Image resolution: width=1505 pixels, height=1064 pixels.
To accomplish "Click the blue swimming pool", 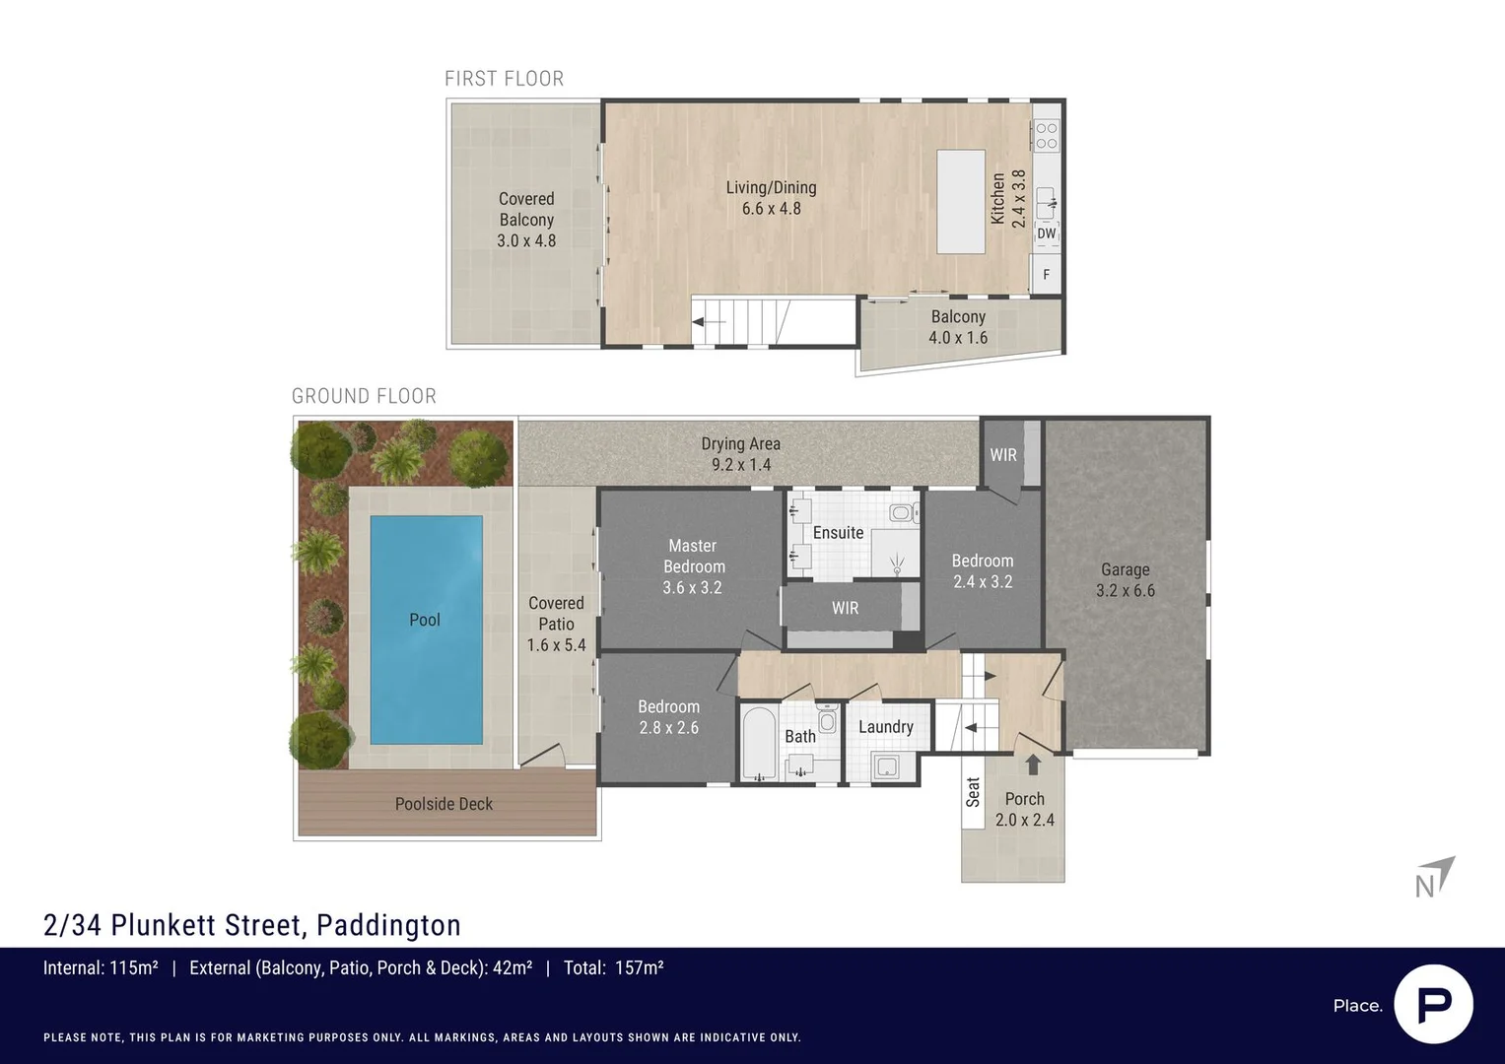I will pyautogui.click(x=426, y=631).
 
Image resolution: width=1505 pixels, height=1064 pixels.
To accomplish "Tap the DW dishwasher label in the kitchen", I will pyautogui.click(x=1046, y=233).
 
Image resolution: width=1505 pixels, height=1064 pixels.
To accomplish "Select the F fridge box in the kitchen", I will pyautogui.click(x=1046, y=275).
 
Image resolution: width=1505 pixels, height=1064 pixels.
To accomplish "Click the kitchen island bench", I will pyautogui.click(x=960, y=201).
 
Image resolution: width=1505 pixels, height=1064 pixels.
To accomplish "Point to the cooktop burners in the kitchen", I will pyautogui.click(x=1046, y=135).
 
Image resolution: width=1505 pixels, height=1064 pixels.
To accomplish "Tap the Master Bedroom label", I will pyautogui.click(x=693, y=556).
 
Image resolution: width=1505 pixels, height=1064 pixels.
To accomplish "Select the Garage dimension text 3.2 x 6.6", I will pyautogui.click(x=1125, y=591).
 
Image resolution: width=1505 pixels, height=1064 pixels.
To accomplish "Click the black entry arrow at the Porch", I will pyautogui.click(x=1033, y=765).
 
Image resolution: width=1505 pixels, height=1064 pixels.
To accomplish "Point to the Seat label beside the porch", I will pyautogui.click(x=973, y=792).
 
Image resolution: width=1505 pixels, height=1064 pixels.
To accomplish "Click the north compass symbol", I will pyautogui.click(x=1435, y=877).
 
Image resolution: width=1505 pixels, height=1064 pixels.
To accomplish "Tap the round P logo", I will pyautogui.click(x=1433, y=1004).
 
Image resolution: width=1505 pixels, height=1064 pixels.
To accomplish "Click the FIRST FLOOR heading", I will pyautogui.click(x=504, y=79).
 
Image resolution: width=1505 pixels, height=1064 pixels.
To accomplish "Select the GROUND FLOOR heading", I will pyautogui.click(x=364, y=396).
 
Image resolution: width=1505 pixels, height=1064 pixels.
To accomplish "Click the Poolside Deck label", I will pyautogui.click(x=444, y=804).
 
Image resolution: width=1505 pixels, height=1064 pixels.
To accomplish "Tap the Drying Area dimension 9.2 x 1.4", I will pyautogui.click(x=741, y=465).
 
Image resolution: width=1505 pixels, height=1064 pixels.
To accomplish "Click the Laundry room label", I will pyautogui.click(x=885, y=727).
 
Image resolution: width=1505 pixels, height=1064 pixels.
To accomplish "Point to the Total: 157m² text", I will pyautogui.click(x=613, y=968).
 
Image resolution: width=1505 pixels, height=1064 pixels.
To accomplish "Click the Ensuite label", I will pyautogui.click(x=838, y=533).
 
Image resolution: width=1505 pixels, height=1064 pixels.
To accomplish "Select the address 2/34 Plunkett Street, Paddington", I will pyautogui.click(x=252, y=925).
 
